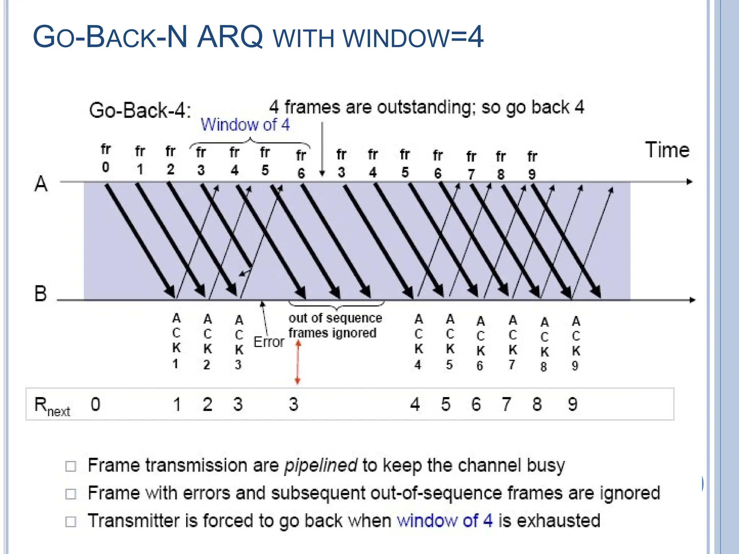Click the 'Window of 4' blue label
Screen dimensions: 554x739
click(245, 125)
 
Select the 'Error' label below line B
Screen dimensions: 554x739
click(269, 342)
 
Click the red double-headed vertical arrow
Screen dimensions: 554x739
click(298, 362)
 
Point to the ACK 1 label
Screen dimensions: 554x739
click(176, 341)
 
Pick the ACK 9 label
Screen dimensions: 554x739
click(576, 343)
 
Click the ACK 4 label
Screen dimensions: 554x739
click(418, 342)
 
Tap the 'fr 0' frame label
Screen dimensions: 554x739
click(105, 158)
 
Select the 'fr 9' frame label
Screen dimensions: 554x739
click(532, 165)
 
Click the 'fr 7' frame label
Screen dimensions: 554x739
click(471, 165)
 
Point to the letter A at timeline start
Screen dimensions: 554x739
click(41, 184)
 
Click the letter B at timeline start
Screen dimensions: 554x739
click(40, 293)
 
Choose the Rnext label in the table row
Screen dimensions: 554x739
click(51, 405)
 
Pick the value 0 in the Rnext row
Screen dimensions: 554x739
click(95, 404)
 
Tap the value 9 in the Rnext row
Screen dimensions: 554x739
click(573, 404)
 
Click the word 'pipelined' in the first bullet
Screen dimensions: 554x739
click(321, 465)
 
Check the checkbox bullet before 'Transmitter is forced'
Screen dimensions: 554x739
click(71, 522)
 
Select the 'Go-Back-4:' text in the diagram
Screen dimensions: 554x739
click(140, 110)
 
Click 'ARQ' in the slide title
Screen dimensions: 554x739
click(229, 37)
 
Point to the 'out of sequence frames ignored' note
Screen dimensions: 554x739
click(335, 325)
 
